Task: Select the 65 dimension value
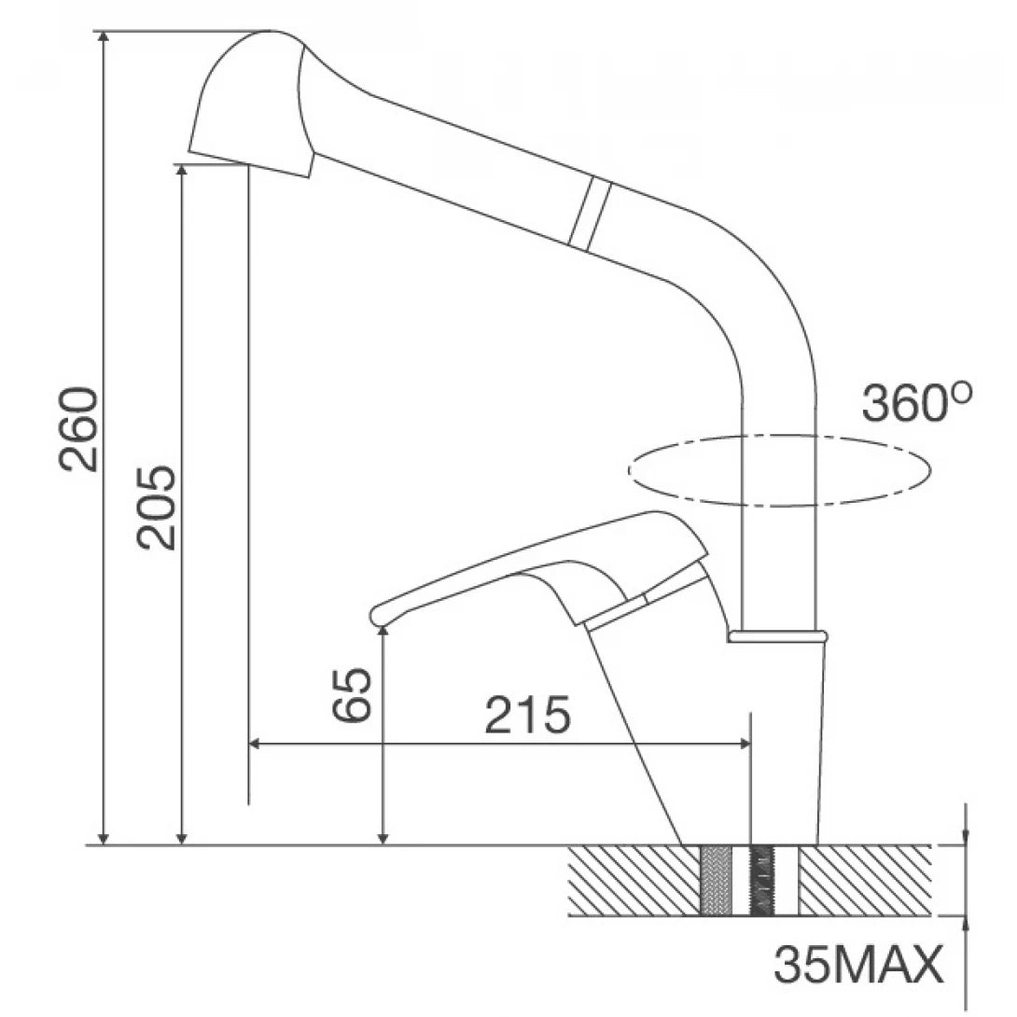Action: (353, 694)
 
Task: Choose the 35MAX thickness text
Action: (857, 967)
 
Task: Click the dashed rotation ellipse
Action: (779, 470)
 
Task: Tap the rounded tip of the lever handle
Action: (378, 613)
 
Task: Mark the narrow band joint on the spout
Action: (589, 214)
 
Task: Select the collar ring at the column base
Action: (777, 636)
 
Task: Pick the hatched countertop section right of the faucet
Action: (863, 880)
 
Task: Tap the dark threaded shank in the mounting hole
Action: (764, 880)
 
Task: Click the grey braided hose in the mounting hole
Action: (716, 880)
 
